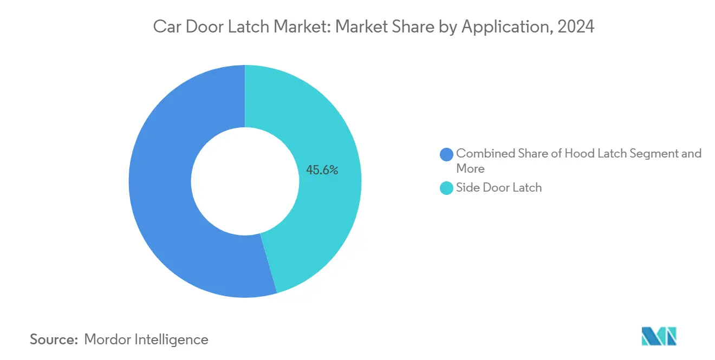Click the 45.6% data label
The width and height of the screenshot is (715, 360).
(x=322, y=170)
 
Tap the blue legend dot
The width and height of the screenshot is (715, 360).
(x=447, y=154)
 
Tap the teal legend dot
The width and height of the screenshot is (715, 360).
(x=447, y=188)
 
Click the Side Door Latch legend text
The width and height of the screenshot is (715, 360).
(x=499, y=188)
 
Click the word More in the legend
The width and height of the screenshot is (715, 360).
(x=470, y=168)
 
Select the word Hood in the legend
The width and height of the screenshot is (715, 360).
(x=579, y=154)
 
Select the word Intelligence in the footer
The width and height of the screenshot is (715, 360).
(x=174, y=339)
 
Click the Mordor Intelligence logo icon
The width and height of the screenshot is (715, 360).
(x=659, y=336)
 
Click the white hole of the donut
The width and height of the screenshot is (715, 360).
(x=245, y=181)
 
